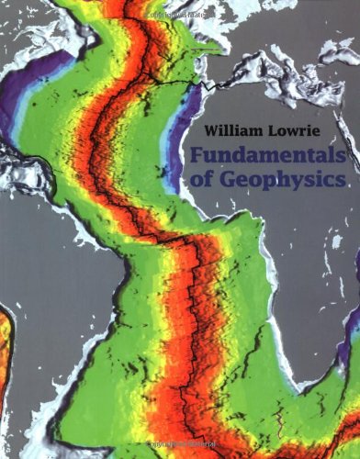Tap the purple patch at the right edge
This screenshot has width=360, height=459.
pyautogui.click(x=354, y=321)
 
